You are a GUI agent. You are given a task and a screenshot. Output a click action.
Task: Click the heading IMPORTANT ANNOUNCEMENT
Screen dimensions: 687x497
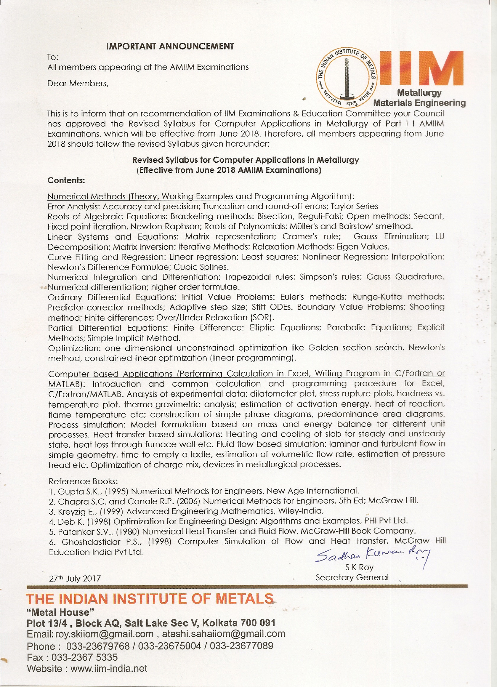170,46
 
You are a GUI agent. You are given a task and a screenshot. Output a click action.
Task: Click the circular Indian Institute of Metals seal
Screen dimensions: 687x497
347,78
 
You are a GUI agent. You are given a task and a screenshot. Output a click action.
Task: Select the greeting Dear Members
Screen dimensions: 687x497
78,84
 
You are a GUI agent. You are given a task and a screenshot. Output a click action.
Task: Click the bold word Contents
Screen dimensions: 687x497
66,180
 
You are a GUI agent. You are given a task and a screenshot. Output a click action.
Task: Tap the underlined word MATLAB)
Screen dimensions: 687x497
65,384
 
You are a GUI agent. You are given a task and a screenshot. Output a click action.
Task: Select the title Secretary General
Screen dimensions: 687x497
352,578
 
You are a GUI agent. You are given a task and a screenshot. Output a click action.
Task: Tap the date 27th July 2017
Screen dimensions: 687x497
75,579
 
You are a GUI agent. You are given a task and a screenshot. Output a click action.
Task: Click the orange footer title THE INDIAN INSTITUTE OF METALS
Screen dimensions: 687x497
150,599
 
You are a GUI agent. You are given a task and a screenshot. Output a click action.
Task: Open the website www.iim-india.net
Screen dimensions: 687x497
109,669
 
